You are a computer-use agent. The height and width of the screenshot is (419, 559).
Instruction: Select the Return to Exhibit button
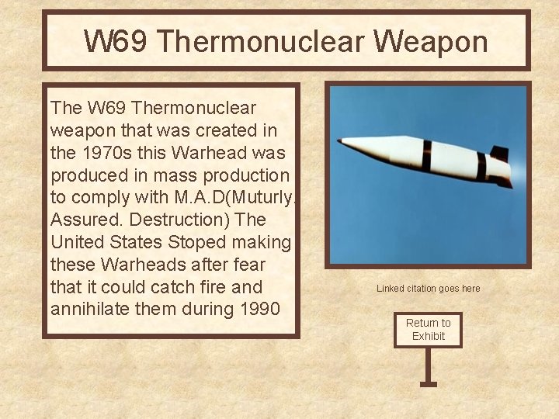tap(428, 329)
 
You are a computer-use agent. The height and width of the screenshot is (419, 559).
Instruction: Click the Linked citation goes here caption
tap(428, 289)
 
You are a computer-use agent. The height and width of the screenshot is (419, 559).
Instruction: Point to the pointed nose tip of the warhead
tap(340, 141)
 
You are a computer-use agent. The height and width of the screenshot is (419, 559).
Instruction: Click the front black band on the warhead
tap(427, 155)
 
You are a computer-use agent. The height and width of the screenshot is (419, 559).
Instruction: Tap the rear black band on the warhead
tap(481, 166)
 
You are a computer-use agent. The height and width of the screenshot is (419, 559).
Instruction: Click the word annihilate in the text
tap(96, 309)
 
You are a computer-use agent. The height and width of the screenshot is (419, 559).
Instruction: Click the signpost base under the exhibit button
tap(428, 383)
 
